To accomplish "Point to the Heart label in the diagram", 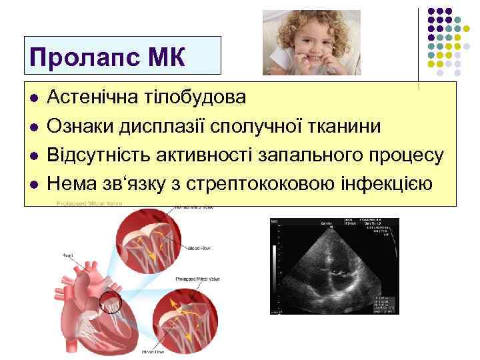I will (x=69, y=255).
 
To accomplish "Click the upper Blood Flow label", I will (x=199, y=248).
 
